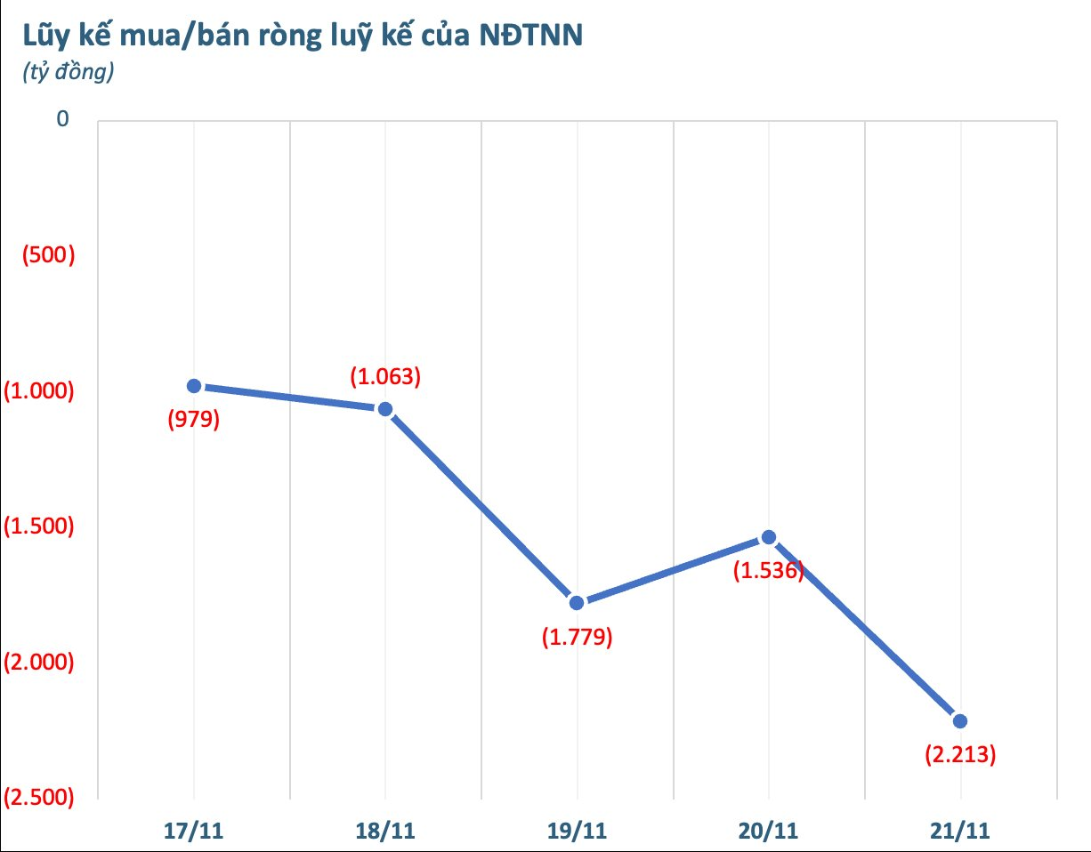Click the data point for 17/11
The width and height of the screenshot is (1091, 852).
[193, 385]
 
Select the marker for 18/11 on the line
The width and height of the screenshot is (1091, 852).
[385, 409]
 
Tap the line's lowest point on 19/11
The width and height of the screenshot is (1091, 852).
[577, 603]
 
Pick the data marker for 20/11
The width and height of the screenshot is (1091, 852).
[769, 537]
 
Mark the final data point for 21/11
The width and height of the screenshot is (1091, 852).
[960, 720]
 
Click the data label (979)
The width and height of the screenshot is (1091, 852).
[193, 420]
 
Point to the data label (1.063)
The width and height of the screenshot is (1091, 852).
[385, 376]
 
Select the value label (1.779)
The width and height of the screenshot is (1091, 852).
[577, 638]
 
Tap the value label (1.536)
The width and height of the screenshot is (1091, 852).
[769, 571]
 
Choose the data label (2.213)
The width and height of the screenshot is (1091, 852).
[960, 756]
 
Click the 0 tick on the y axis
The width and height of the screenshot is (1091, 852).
[62, 120]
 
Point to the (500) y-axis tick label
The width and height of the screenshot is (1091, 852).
[48, 255]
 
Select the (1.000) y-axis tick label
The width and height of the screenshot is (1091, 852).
[38, 390]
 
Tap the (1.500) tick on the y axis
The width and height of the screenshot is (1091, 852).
[38, 526]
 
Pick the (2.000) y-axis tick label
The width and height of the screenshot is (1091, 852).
[38, 662]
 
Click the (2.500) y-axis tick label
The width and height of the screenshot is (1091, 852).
[38, 798]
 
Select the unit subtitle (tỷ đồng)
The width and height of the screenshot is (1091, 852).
[68, 73]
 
